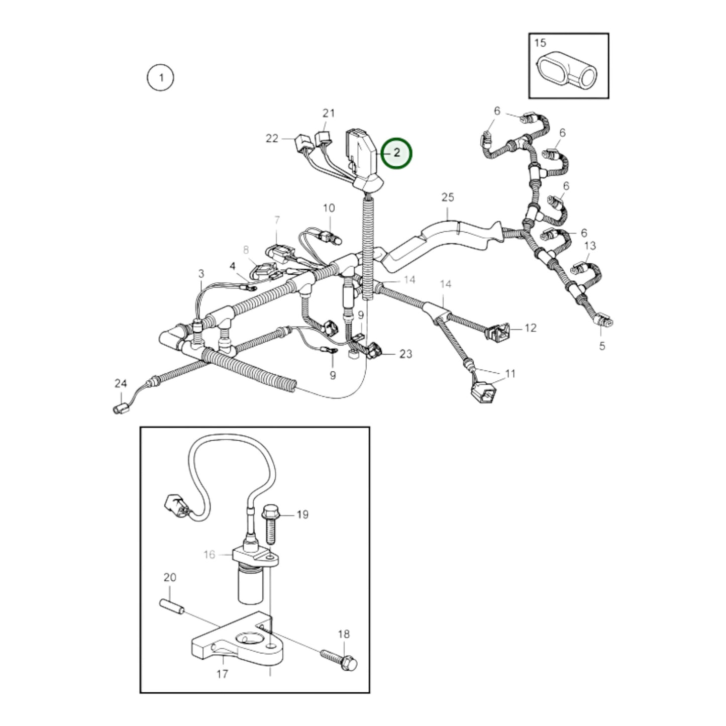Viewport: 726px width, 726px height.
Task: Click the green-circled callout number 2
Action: (396, 153)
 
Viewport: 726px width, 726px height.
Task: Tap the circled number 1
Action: (160, 78)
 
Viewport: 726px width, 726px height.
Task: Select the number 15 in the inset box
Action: (540, 43)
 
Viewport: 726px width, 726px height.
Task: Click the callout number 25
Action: (448, 197)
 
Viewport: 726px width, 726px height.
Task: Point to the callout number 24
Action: (121, 383)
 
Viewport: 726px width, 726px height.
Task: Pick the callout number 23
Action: (405, 354)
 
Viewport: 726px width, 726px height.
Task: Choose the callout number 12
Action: (530, 328)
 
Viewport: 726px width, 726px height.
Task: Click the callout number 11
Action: (510, 374)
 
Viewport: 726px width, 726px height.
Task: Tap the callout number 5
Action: (602, 346)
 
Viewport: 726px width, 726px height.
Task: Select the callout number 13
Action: (590, 246)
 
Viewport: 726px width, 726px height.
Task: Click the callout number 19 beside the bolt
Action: (302, 514)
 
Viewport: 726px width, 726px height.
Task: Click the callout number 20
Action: (169, 577)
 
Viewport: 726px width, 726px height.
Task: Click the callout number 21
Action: (328, 113)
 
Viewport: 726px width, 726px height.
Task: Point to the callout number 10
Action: (329, 208)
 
